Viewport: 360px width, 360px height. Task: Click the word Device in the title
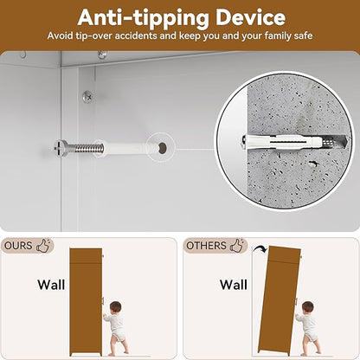(x=250, y=18)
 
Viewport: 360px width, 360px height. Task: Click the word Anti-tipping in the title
(x=144, y=19)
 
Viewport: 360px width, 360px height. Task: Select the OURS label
(x=18, y=246)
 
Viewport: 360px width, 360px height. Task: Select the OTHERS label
(x=206, y=246)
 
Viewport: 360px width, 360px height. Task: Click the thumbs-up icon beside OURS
(x=43, y=245)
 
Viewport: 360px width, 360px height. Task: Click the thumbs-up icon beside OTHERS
(x=237, y=245)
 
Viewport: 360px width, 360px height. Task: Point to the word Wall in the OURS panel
(x=51, y=285)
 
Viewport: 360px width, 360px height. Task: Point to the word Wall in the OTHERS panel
(x=234, y=285)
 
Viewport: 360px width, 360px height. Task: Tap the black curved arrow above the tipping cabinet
(x=260, y=249)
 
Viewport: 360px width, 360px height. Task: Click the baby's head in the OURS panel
(x=116, y=307)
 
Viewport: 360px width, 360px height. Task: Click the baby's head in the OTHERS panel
(x=308, y=307)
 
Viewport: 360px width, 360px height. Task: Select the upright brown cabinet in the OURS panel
(x=86, y=301)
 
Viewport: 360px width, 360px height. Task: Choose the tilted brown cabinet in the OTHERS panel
(x=278, y=299)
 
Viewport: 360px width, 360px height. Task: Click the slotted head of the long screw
(x=61, y=148)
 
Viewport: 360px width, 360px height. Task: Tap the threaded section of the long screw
(x=89, y=148)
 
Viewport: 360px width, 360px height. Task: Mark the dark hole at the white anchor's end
(x=163, y=147)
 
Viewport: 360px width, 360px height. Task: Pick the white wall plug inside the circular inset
(x=283, y=141)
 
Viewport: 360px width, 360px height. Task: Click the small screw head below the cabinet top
(x=87, y=97)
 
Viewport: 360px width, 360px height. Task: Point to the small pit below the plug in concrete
(x=313, y=164)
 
